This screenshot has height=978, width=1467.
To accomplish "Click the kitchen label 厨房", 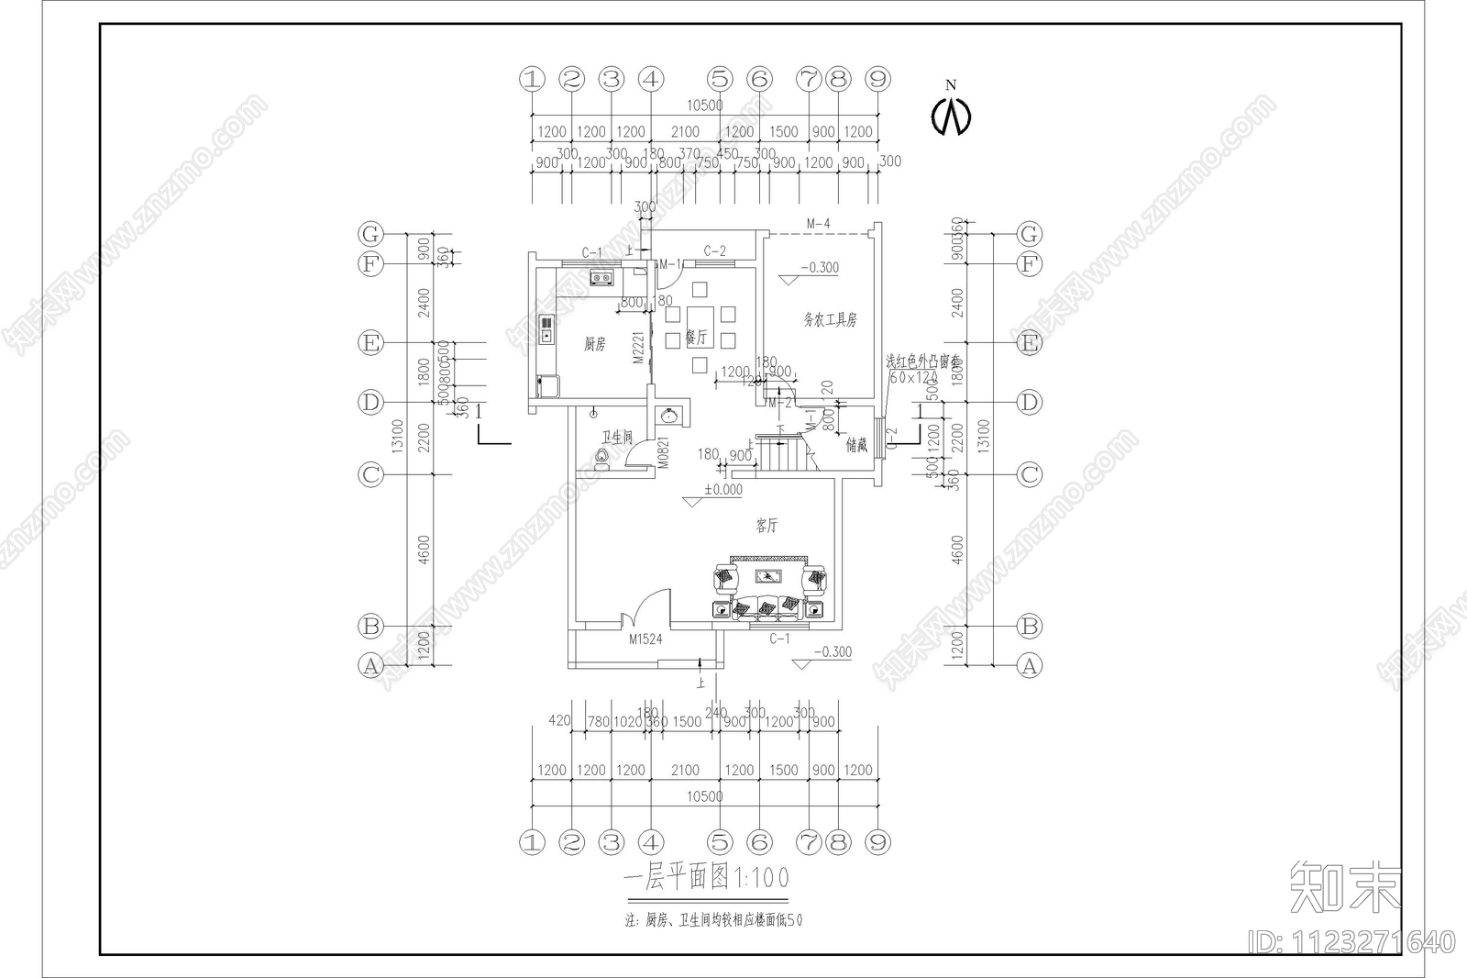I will pos(594,344).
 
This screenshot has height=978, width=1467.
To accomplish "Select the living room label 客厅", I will pos(767,526).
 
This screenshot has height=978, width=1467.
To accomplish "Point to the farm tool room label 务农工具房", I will pos(830,319).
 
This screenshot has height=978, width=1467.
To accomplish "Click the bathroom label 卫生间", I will pos(617,438).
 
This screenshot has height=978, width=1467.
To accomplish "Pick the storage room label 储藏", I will pos(856,446).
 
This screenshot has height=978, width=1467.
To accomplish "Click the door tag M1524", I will pos(645,639).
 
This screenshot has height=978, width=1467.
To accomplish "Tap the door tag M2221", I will pos(639,349).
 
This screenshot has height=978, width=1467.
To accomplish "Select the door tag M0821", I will pos(664,452).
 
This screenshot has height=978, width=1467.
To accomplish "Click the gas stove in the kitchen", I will pos(602,277).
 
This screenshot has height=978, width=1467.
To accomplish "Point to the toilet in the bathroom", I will pos(602,457).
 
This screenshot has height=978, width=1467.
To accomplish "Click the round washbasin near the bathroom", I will pos(671,415).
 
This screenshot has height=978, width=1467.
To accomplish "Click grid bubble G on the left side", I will pos(370,234).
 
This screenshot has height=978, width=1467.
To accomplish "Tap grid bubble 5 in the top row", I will pos(720,79).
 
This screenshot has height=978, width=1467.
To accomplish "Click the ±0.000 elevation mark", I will pos(722,490).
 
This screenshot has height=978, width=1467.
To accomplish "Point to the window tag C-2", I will pos(714,250).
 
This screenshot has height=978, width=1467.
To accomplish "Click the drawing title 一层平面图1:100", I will pos(705,878).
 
